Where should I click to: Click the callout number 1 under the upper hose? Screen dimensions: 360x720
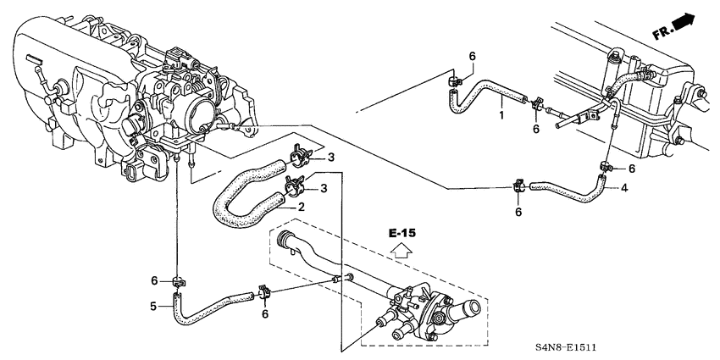coord(501,114)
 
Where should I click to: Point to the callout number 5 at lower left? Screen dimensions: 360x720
coord(153,306)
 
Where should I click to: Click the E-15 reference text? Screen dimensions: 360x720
coord(403,231)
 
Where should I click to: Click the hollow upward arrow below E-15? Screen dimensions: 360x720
coord(403,250)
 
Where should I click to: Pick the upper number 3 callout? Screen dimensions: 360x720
coord(331,158)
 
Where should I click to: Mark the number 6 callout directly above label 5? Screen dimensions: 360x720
coord(153,280)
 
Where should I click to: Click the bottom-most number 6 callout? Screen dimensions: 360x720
coord(265,314)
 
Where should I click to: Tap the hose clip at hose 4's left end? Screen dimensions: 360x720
coord(519,186)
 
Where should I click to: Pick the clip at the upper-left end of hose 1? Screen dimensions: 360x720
coord(454,82)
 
